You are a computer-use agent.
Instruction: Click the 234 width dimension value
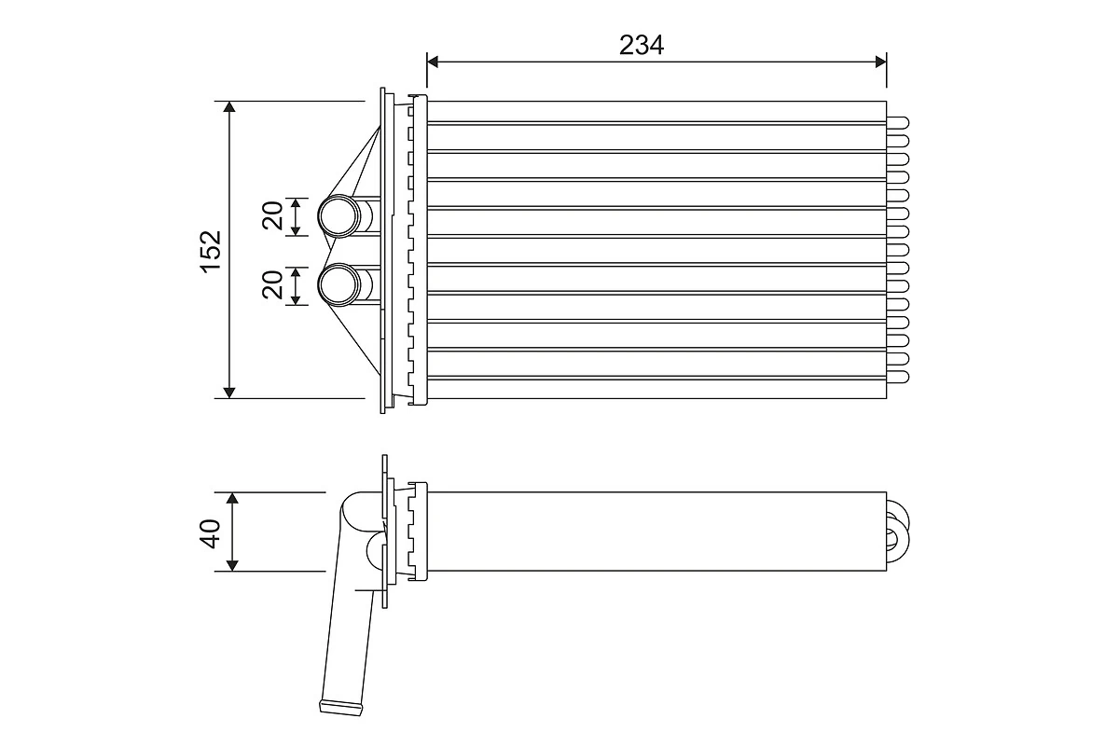(x=642, y=45)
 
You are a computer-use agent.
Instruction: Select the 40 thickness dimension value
(x=210, y=532)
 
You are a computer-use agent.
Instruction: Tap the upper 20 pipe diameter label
(x=272, y=216)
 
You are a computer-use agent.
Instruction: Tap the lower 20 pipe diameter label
(x=272, y=284)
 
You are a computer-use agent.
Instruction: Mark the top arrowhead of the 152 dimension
(x=230, y=107)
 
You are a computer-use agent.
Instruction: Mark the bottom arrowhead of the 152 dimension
(x=230, y=392)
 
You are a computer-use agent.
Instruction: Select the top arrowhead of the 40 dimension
(x=232, y=498)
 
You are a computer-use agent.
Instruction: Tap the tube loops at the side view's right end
(x=897, y=532)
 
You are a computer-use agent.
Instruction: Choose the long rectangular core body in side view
(x=653, y=532)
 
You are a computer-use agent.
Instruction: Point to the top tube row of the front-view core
(x=653, y=111)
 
